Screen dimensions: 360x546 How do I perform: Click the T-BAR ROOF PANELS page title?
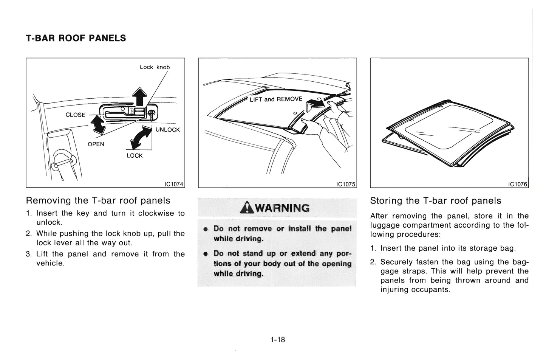[76, 38]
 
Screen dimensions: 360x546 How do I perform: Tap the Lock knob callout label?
[155, 67]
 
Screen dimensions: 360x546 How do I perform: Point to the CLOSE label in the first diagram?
[75, 115]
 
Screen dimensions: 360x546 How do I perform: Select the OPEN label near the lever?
[96, 144]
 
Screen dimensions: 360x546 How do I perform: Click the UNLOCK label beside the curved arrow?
[168, 130]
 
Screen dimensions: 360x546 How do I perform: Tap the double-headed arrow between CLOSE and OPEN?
[99, 125]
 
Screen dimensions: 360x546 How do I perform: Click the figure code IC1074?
[174, 184]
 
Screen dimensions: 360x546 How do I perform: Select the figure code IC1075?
[346, 184]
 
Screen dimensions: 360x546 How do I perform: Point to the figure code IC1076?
[518, 184]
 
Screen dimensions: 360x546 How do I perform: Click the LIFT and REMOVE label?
[276, 99]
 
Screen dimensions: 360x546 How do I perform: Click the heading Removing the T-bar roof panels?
[98, 200]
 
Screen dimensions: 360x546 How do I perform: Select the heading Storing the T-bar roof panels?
[436, 201]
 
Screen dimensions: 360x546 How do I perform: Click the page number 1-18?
[277, 340]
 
